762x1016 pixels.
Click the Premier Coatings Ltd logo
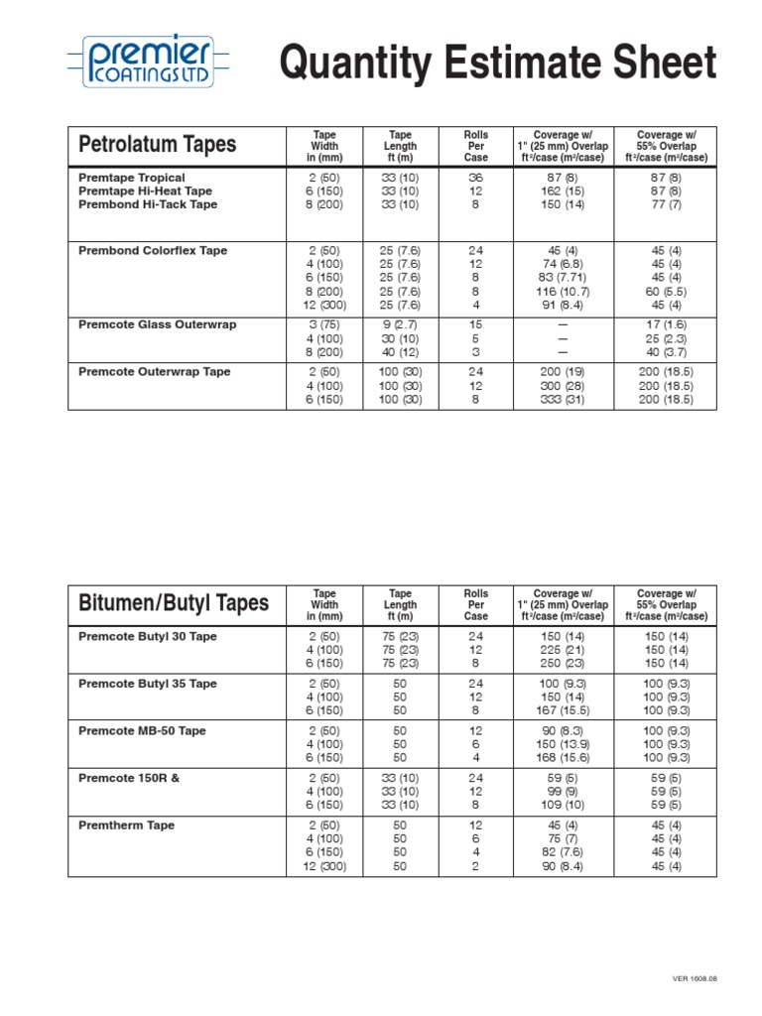pos(148,63)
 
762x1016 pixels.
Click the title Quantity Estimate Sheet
pos(498,63)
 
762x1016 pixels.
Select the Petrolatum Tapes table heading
pos(157,145)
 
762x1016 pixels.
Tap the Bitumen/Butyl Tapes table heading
pos(174,603)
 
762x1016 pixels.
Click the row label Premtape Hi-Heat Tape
pos(145,191)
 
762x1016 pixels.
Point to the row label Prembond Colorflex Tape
pos(153,251)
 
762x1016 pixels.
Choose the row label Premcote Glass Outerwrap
pos(157,324)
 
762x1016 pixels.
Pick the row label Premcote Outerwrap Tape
pos(154,372)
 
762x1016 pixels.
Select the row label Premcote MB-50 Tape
pos(142,731)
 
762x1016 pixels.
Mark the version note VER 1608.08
pos(695,978)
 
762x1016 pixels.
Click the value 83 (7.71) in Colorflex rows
pos(562,278)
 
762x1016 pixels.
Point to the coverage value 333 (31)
pos(562,400)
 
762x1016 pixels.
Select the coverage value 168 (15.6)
pos(562,758)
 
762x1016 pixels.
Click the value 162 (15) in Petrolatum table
pos(562,191)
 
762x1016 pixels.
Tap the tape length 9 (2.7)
pos(400,324)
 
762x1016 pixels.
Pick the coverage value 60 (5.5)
pos(666,292)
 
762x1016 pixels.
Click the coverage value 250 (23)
pos(562,663)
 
